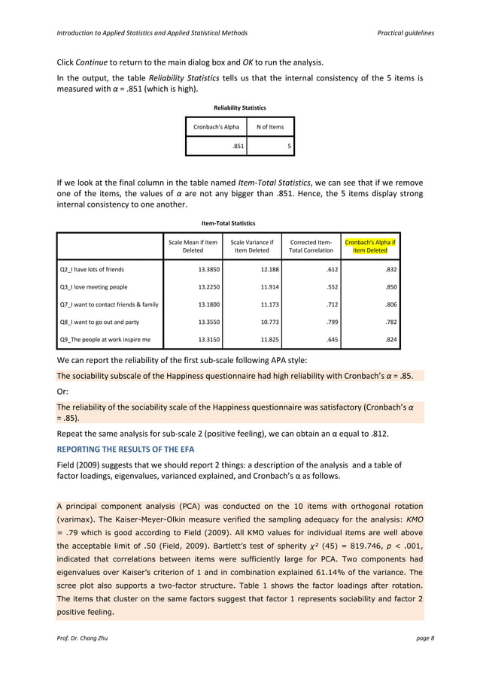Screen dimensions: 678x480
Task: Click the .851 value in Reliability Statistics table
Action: pos(237,146)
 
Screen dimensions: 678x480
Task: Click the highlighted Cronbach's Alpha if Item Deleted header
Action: pos(370,246)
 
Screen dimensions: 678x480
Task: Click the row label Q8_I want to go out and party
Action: pos(99,322)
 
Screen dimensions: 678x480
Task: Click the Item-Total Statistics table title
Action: pos(229,222)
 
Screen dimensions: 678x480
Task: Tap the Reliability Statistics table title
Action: pos(240,107)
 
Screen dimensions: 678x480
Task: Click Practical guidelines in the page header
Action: pos(406,34)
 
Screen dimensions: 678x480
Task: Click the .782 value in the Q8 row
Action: pos(390,322)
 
